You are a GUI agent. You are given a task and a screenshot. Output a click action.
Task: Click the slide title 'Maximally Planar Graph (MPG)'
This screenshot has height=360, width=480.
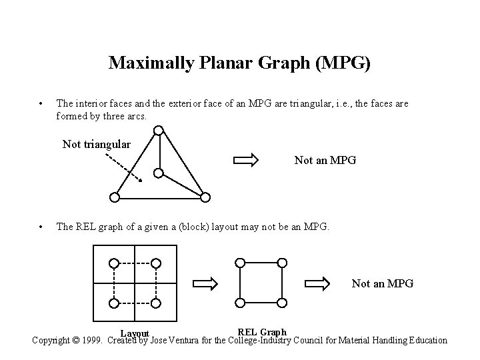tap(240, 63)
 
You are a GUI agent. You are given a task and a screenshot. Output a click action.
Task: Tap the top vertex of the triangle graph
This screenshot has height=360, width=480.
tap(158, 131)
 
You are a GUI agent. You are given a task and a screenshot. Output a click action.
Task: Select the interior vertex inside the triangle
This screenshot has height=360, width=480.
tap(158, 173)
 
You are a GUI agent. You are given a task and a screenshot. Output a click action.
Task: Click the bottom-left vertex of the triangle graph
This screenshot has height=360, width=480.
tap(115, 197)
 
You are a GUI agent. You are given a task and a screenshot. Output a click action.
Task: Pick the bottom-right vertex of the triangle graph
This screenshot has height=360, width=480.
tap(205, 197)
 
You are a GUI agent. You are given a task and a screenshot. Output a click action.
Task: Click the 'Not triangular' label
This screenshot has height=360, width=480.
tap(96, 144)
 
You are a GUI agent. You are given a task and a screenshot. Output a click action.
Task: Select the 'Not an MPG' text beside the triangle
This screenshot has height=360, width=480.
tap(325, 160)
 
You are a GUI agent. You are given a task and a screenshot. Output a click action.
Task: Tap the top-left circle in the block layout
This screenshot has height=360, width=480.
tap(114, 263)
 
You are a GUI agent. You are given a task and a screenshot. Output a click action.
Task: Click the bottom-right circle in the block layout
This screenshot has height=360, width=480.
tap(155, 303)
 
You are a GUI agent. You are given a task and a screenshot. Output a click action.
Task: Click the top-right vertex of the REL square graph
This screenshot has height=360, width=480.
tap(281, 263)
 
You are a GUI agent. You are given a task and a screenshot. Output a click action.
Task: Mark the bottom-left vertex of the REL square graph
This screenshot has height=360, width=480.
tap(241, 303)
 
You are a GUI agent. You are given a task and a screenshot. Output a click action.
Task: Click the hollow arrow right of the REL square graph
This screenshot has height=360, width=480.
tap(323, 283)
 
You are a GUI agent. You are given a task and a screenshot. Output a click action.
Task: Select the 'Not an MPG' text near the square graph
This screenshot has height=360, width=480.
tap(383, 283)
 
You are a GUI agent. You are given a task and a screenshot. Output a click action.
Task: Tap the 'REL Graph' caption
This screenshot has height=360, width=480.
tap(262, 331)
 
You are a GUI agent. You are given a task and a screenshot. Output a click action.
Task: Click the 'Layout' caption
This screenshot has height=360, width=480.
tap(135, 333)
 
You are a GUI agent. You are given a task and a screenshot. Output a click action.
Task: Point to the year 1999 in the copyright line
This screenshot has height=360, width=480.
tap(89, 340)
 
